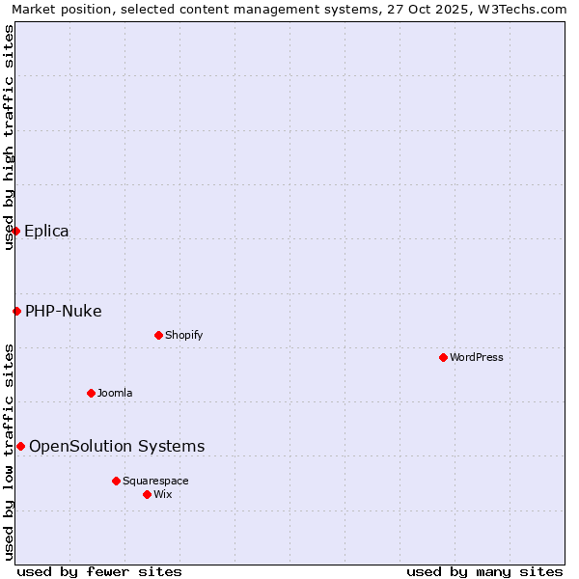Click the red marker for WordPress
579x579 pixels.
tap(443, 357)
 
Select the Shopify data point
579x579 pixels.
tap(158, 335)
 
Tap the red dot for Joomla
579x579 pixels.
tap(91, 393)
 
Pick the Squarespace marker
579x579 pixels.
tap(116, 481)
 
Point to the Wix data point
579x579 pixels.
tap(147, 494)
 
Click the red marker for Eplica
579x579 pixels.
tap(15, 231)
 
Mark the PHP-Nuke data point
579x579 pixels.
tap(16, 311)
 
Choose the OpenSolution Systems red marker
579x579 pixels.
tap(20, 446)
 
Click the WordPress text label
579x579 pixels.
tap(477, 357)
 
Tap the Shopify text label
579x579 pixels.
tap(184, 335)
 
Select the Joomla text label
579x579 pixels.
tap(115, 393)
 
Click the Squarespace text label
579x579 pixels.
tap(155, 481)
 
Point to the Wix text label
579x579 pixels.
tap(163, 494)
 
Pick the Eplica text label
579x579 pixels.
tap(46, 231)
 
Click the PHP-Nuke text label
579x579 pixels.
tap(64, 311)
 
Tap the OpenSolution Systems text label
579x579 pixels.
tap(117, 446)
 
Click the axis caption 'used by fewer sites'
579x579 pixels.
tap(99, 571)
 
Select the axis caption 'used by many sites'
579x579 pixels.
tap(484, 571)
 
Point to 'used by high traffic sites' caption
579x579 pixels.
tap(9, 137)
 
